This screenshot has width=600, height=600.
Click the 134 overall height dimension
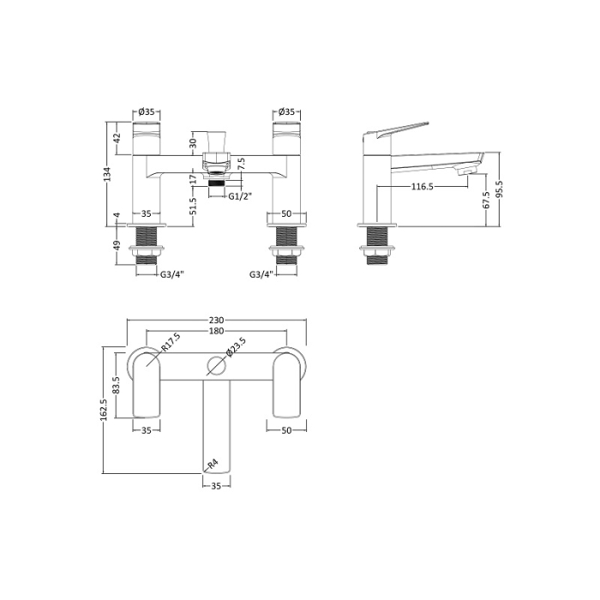pos(108,174)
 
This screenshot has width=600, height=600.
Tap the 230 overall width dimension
pos(216,320)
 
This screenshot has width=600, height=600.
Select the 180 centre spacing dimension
pos(216,331)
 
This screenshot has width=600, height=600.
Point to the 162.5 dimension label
pos(104,410)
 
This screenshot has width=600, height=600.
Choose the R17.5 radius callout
pos(171,342)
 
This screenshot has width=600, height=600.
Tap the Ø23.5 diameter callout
pos(236,347)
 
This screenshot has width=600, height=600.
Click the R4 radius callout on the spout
pos(213,465)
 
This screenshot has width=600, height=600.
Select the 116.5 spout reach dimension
pos(423,186)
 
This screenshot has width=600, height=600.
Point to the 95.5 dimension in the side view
pos(501,189)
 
